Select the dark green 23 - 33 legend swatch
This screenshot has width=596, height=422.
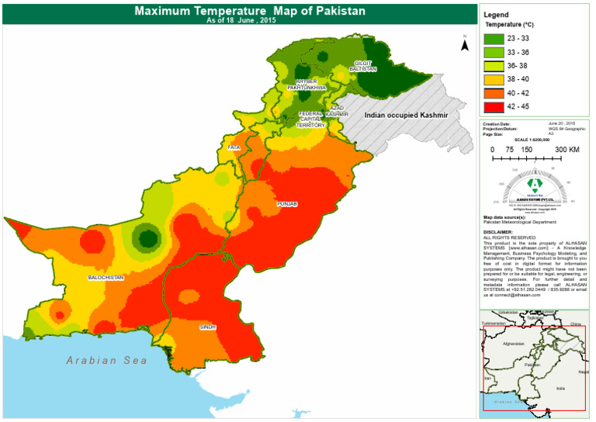pos(494,38)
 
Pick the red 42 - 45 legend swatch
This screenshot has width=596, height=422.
pos(494,105)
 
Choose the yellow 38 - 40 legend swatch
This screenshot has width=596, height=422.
pos(494,78)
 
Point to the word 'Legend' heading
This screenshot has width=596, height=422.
pos(497,15)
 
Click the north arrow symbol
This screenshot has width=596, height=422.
pos(465,44)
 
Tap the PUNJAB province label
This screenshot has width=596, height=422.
pos(286,203)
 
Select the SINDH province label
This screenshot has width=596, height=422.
pos(208,327)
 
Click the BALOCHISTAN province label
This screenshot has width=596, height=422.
pos(106,277)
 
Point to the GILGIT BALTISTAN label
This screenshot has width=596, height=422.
pos(365,66)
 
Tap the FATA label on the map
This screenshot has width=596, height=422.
pos(234,147)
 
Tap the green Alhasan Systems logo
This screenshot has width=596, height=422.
pos(534,185)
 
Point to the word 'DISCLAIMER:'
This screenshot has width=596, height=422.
pos(498,231)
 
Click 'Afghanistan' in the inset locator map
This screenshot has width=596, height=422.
pos(515,343)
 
